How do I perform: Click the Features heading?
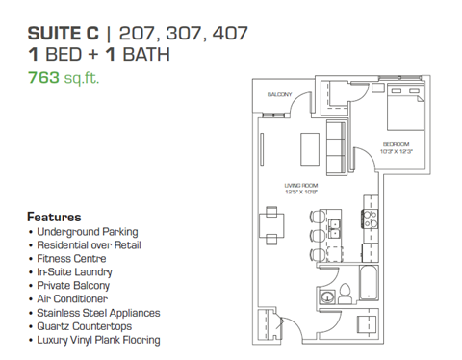tap(54, 217)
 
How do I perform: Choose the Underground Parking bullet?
tap(87, 232)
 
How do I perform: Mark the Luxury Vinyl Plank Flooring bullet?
tap(98, 340)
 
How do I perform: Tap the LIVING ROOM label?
tap(300, 185)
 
